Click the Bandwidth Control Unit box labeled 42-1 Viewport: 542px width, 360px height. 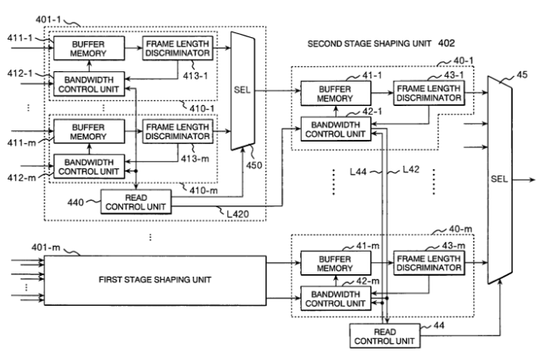pos(334,128)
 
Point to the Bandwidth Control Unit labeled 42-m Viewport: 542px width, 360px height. pos(334,297)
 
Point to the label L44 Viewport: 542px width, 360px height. pos(361,172)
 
